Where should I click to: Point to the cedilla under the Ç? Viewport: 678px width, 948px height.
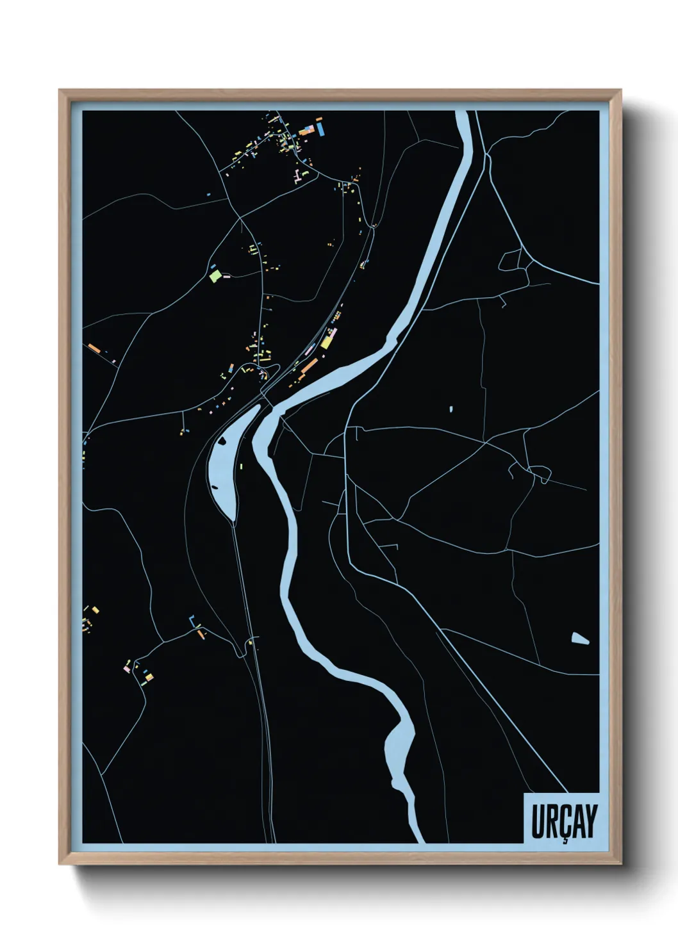565,840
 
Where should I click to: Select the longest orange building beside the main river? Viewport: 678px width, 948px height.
310,366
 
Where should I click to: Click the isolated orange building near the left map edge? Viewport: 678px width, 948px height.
94,348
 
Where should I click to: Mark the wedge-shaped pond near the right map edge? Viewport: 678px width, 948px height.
579,638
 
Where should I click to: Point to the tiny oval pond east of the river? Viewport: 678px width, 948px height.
451,407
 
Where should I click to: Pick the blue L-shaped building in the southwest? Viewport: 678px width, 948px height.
192,619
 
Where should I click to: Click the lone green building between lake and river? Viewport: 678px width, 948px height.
241,465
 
